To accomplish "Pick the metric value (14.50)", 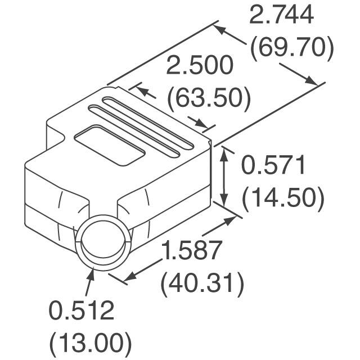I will [282, 198].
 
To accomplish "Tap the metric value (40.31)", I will [202, 283].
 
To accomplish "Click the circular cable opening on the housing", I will [105, 245].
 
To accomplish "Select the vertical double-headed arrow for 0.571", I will [225, 175].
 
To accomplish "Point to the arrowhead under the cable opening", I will [92, 274].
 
